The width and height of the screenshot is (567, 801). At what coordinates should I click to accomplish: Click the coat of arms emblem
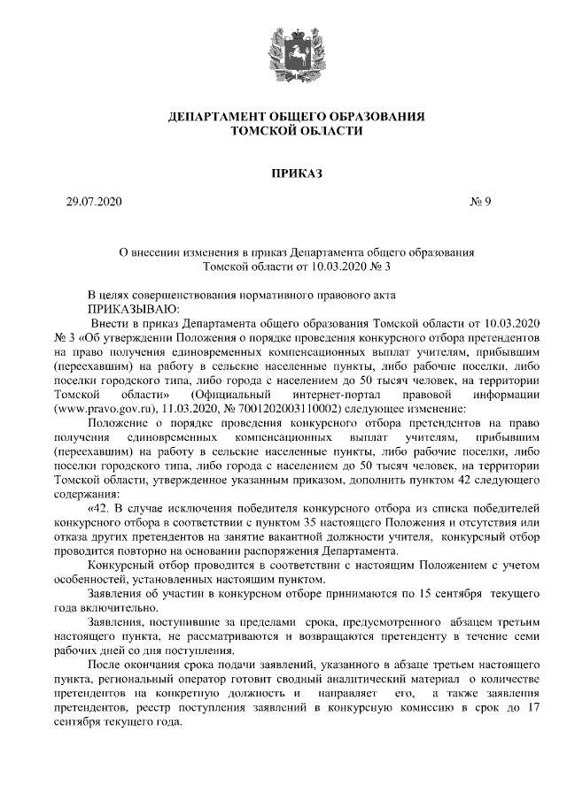tap(283, 49)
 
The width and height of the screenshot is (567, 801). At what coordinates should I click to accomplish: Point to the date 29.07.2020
tap(94, 202)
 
